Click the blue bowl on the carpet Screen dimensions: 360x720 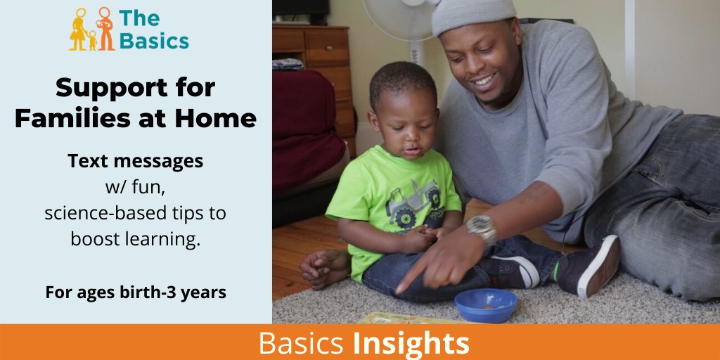[485, 304]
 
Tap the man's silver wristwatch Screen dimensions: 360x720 [482, 228]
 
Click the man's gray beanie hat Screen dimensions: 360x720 [472, 15]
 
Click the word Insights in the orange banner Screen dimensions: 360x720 [411, 343]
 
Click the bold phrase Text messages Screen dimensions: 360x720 [135, 161]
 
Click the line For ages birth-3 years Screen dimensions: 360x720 [135, 292]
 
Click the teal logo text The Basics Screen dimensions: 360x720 [153, 30]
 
